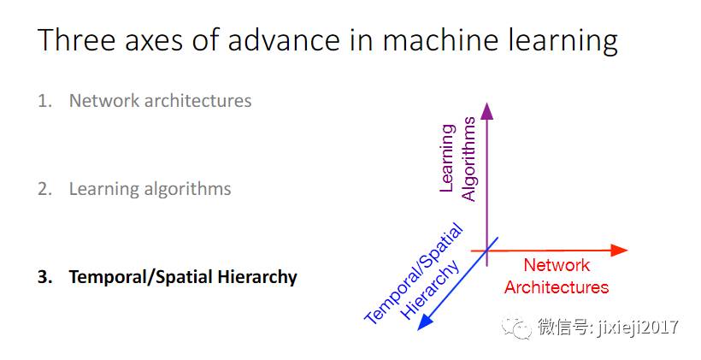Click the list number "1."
[44, 101]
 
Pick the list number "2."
[44, 189]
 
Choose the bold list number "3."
[44, 277]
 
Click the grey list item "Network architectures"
[160, 101]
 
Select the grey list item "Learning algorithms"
[150, 189]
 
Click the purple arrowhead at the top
[486, 110]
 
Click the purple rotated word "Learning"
[446, 158]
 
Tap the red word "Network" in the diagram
[557, 266]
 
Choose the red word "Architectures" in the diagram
[557, 286]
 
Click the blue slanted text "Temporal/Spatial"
[414, 274]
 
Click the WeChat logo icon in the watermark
[516, 326]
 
